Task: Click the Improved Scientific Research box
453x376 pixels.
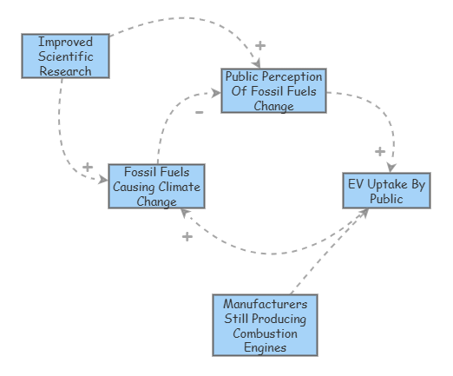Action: click(65, 56)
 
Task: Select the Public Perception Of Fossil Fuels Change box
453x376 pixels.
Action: click(273, 91)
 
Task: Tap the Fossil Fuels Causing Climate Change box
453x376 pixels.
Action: click(156, 186)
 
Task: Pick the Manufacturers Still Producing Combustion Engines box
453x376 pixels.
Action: click(266, 325)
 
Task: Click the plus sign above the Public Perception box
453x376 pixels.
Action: click(260, 45)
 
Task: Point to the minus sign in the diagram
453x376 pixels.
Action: click(200, 112)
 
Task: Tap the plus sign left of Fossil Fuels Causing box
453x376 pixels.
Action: click(87, 167)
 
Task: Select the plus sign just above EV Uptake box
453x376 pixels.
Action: click(379, 151)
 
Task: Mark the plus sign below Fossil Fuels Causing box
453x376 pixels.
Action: click(187, 236)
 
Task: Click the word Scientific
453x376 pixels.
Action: click(65, 56)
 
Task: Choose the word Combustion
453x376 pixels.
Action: click(266, 333)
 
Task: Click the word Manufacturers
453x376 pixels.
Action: click(266, 304)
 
